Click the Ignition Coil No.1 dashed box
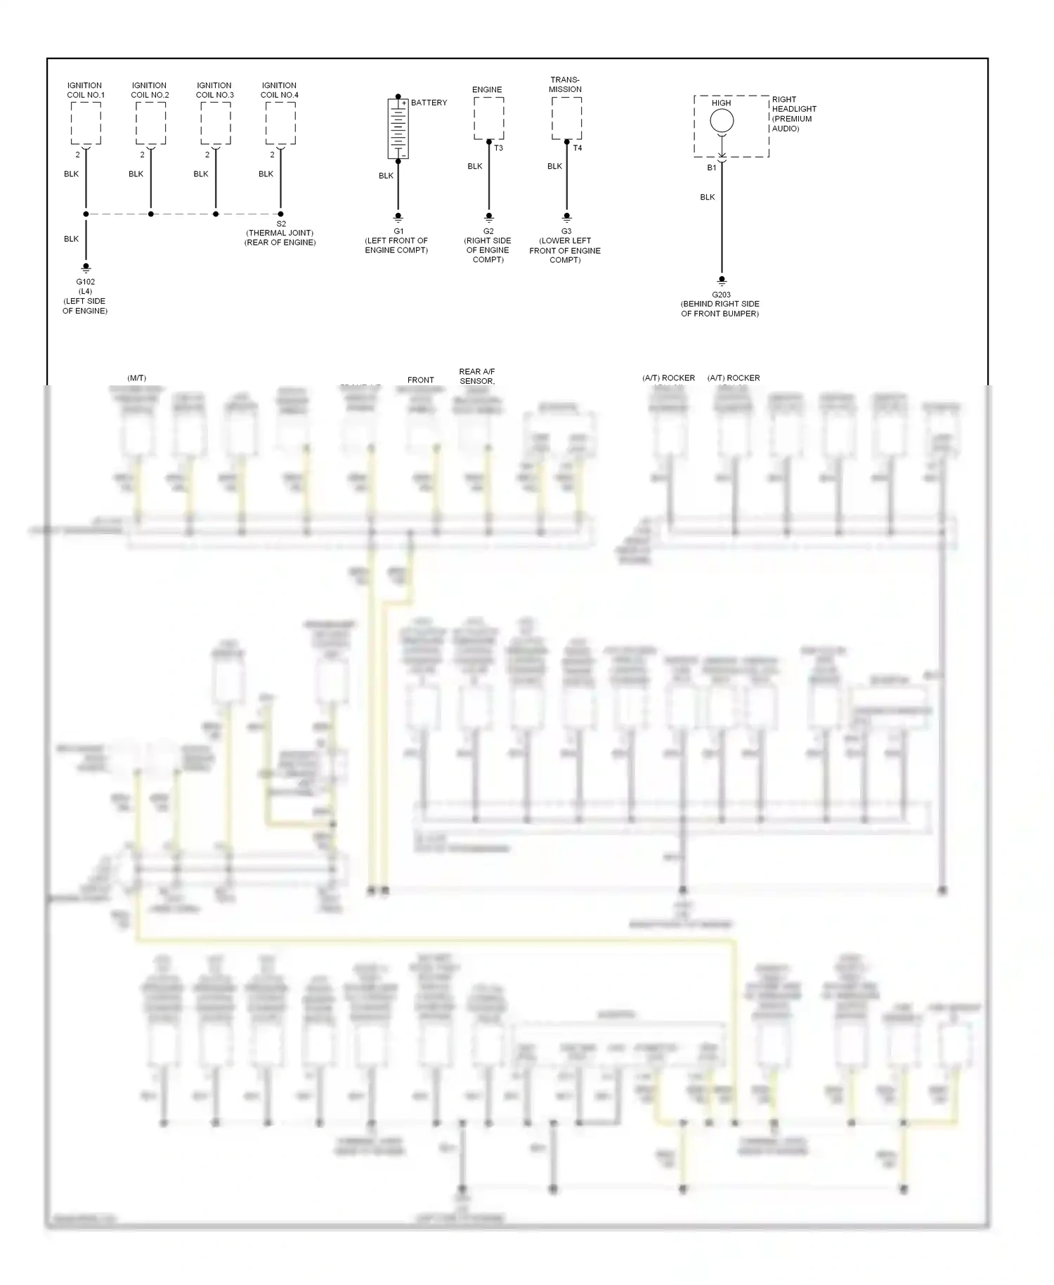tap(86, 123)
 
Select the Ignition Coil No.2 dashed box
tap(150, 123)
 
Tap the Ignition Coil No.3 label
tap(214, 90)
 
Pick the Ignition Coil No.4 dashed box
tap(280, 123)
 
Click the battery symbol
tap(398, 129)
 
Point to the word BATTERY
tap(429, 103)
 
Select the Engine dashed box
tap(488, 118)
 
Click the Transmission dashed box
tap(566, 118)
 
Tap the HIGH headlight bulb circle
tap(722, 121)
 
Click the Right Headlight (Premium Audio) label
tap(794, 114)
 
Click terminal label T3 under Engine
tap(498, 148)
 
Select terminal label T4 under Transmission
tap(577, 148)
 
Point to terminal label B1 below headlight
tap(711, 168)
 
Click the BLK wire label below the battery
tap(386, 176)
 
